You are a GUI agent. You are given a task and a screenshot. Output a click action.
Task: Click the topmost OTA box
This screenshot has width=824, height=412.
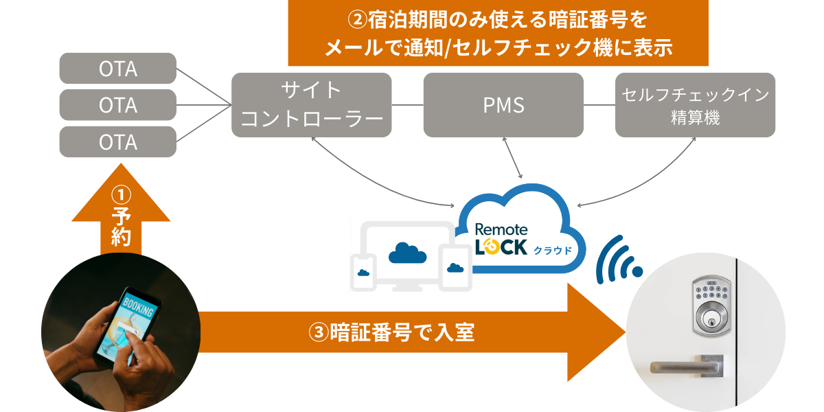pos(118,69)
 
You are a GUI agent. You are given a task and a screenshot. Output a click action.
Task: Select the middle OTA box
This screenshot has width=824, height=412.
pos(118,106)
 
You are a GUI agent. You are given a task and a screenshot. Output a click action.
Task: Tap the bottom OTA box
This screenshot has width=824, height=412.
pos(118,142)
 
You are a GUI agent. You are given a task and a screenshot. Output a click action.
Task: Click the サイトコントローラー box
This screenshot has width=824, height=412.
pos(311,105)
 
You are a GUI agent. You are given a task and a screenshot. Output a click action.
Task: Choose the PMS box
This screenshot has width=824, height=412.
pos(503,105)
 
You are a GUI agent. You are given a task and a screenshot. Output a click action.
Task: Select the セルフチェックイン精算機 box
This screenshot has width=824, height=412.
pos(695,105)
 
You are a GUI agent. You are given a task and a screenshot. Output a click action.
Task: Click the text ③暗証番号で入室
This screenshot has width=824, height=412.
pos(392,333)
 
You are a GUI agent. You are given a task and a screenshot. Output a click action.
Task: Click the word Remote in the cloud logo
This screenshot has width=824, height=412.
pos(502,229)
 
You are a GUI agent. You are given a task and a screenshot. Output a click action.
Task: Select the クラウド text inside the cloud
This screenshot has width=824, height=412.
pos(553,249)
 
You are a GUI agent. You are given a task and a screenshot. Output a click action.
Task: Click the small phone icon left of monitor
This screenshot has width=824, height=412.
pos(363,273)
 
